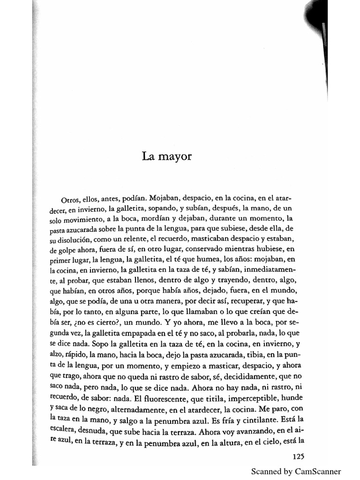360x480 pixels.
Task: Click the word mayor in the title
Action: (x=177, y=156)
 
